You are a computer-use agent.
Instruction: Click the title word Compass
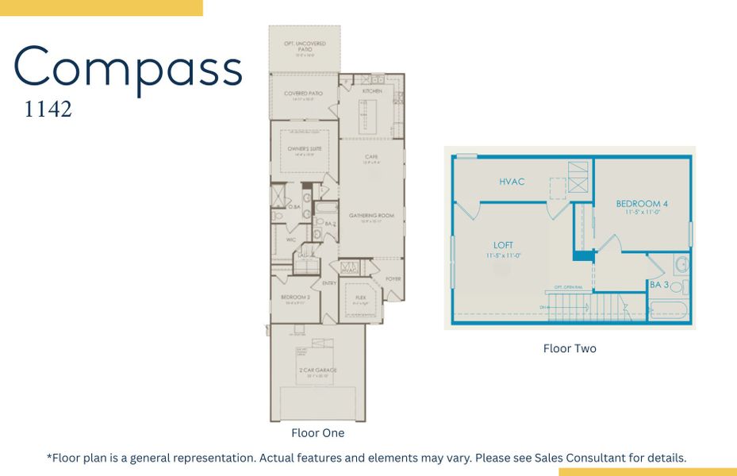coord(128,68)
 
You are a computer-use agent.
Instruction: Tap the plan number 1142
coord(48,109)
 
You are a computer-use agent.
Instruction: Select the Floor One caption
coord(317,433)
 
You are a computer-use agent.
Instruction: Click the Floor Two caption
coord(570,348)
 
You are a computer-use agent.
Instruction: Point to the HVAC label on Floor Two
coord(512,182)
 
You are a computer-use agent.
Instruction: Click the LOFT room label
coord(503,245)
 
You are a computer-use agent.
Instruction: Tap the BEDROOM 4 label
coord(642,204)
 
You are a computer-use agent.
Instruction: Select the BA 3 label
coord(658,285)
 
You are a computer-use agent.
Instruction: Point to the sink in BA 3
coord(681,265)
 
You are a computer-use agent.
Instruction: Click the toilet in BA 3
coord(675,286)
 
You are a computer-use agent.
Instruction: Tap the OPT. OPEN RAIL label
coord(569,287)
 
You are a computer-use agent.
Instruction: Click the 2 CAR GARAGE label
coord(319,370)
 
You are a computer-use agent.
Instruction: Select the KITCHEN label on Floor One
coord(372,91)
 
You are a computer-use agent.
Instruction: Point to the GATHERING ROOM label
coord(371,215)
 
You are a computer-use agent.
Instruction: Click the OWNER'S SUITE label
coord(304,148)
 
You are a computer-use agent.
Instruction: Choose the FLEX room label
coord(360,297)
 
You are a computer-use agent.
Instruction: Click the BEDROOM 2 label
coord(294,297)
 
